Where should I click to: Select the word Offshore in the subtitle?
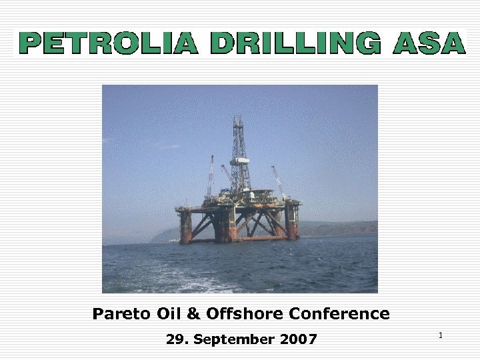pyautogui.click(x=234, y=313)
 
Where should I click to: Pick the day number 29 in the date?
pyautogui.click(x=176, y=339)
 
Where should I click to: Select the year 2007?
pyautogui.click(x=298, y=339)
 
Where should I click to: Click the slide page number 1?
pyautogui.click(x=441, y=335)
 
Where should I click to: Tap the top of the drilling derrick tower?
pyautogui.click(x=238, y=118)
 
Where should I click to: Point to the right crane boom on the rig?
pyautogui.click(x=278, y=180)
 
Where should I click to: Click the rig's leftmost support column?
pyautogui.click(x=185, y=227)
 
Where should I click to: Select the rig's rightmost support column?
pyautogui.click(x=292, y=222)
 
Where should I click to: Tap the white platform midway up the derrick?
pyautogui.click(x=239, y=161)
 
